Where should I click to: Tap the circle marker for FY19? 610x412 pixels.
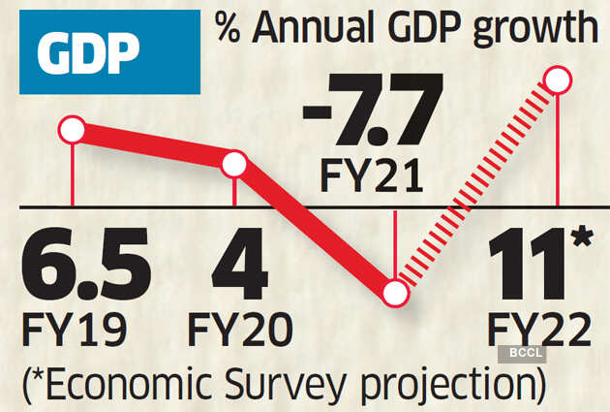73,129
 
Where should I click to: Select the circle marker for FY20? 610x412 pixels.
234,163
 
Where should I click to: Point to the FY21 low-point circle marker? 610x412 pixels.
394,292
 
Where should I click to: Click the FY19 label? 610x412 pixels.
74,332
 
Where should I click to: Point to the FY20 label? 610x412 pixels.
238,332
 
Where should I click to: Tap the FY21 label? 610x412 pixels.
371,177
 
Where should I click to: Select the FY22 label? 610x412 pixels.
538,332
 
